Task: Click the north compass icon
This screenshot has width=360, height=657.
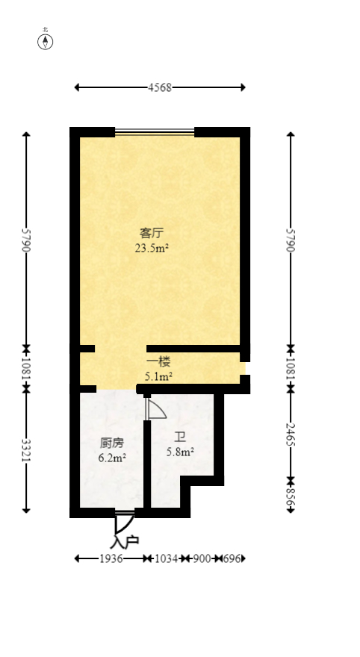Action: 46,41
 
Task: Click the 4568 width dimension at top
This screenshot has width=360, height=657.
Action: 160,87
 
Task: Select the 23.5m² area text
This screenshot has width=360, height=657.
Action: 151,249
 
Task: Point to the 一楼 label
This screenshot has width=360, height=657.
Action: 158,362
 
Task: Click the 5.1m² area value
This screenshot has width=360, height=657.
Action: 158,377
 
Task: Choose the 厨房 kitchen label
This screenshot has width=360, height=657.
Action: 112,443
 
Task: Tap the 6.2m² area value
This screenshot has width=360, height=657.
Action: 112,458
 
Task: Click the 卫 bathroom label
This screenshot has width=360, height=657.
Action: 180,438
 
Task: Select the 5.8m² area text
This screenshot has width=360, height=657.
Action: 180,452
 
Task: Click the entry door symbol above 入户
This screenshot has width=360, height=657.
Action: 123,520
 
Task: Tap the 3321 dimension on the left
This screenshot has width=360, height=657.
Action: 26,451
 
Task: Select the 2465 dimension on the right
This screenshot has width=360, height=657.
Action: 291,432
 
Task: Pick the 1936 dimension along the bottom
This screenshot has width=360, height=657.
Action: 111,558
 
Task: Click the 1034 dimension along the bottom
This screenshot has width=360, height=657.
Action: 166,558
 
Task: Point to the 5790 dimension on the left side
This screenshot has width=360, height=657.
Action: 26,240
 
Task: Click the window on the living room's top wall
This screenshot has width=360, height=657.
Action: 155,132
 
